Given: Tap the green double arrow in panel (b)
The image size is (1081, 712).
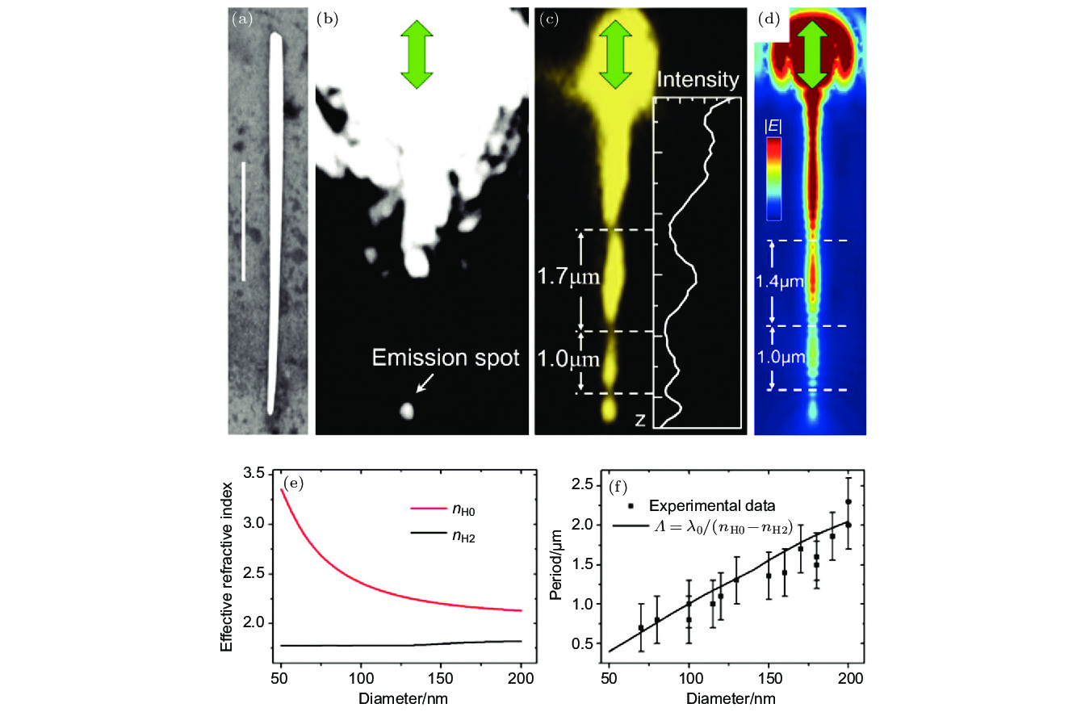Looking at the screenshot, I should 417,54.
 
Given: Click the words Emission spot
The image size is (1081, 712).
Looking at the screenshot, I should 445,358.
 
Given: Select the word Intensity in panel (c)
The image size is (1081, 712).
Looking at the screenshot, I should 698,80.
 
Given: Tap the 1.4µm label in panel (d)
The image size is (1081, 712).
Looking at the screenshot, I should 780,282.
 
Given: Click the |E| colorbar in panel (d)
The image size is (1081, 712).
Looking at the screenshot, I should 774,178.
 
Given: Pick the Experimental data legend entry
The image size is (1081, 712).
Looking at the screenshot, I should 699,506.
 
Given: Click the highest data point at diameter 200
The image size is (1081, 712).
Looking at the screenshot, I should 848,501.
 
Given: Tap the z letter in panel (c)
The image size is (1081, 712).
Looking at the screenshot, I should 639,421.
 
